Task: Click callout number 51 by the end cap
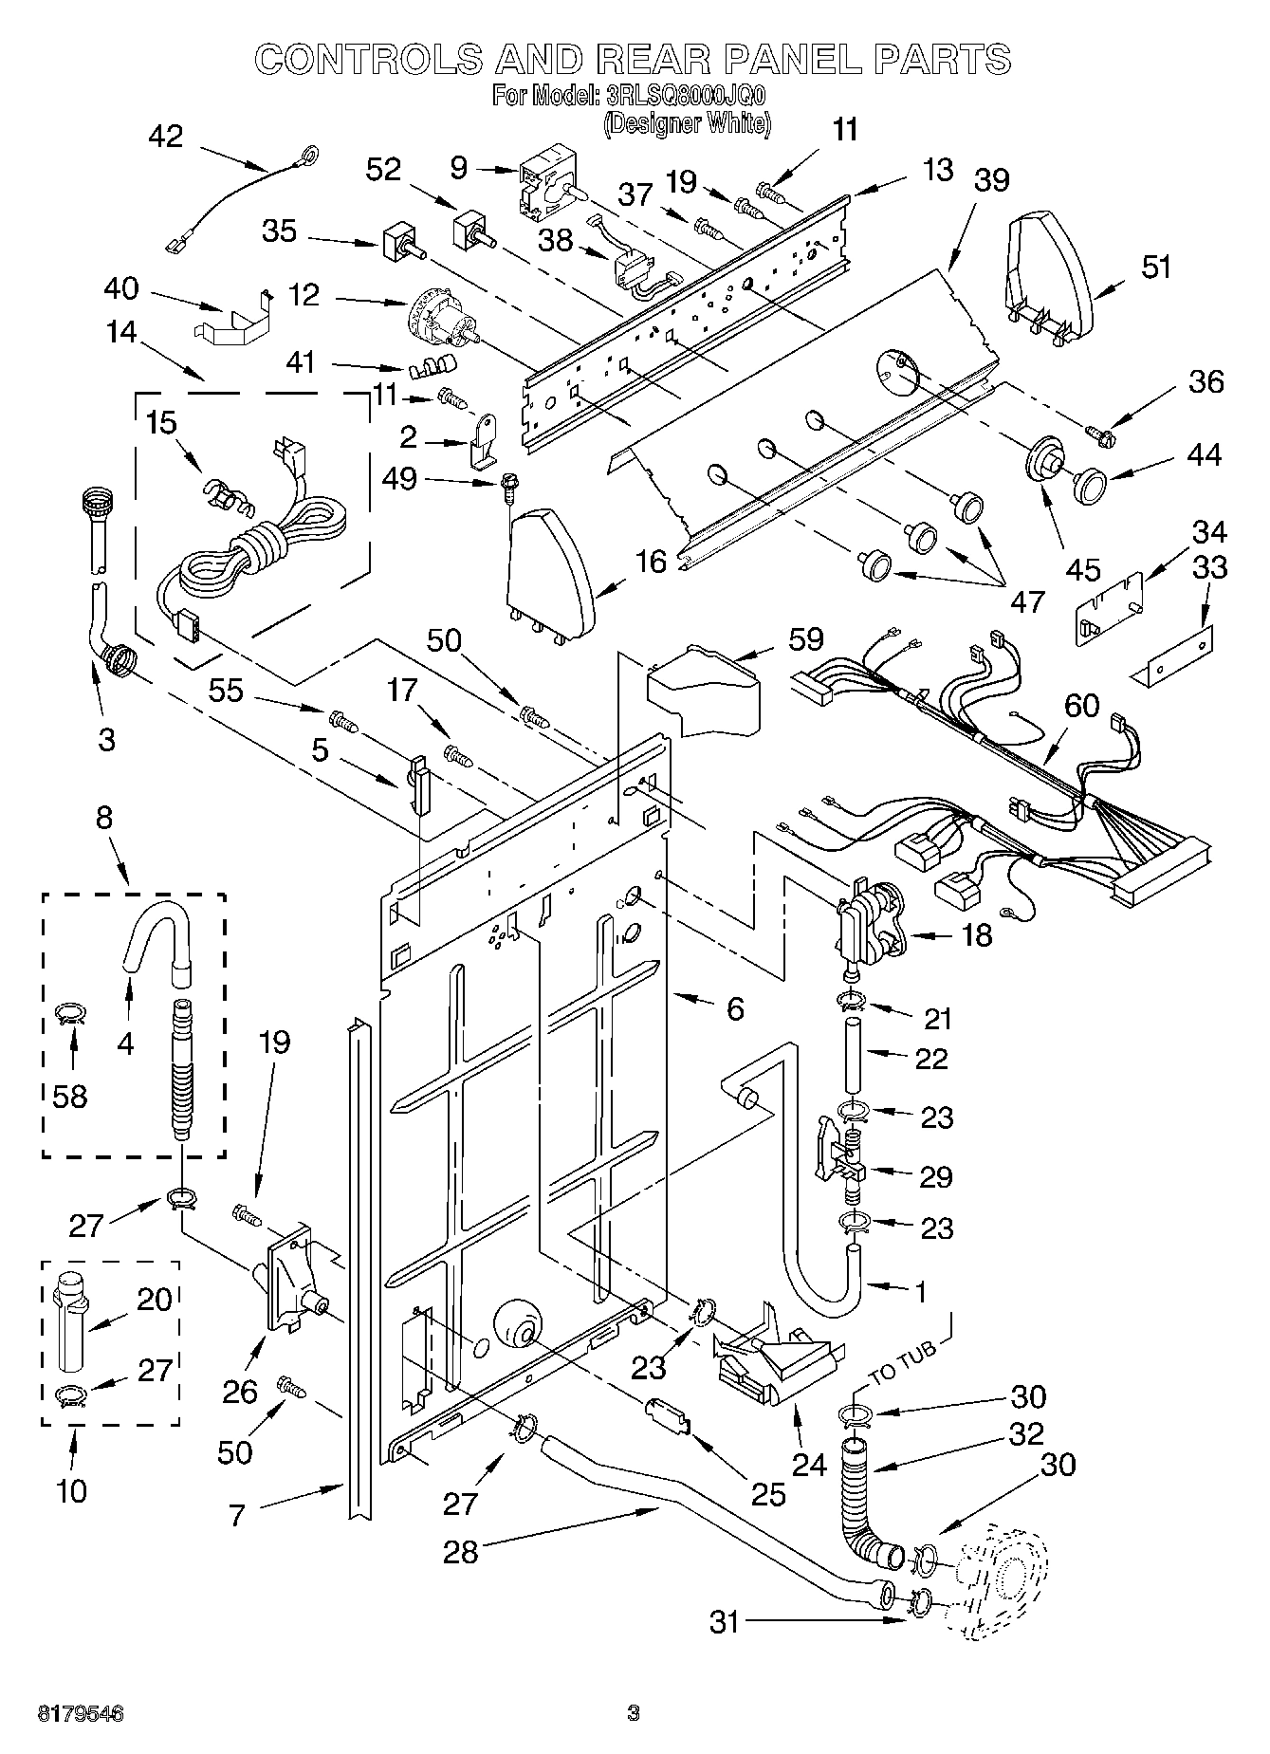[x=1155, y=267]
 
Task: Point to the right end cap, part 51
[x=1048, y=275]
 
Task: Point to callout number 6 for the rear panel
[x=735, y=1008]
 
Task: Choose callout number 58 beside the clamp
[x=70, y=1096]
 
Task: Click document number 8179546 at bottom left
[x=81, y=1713]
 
